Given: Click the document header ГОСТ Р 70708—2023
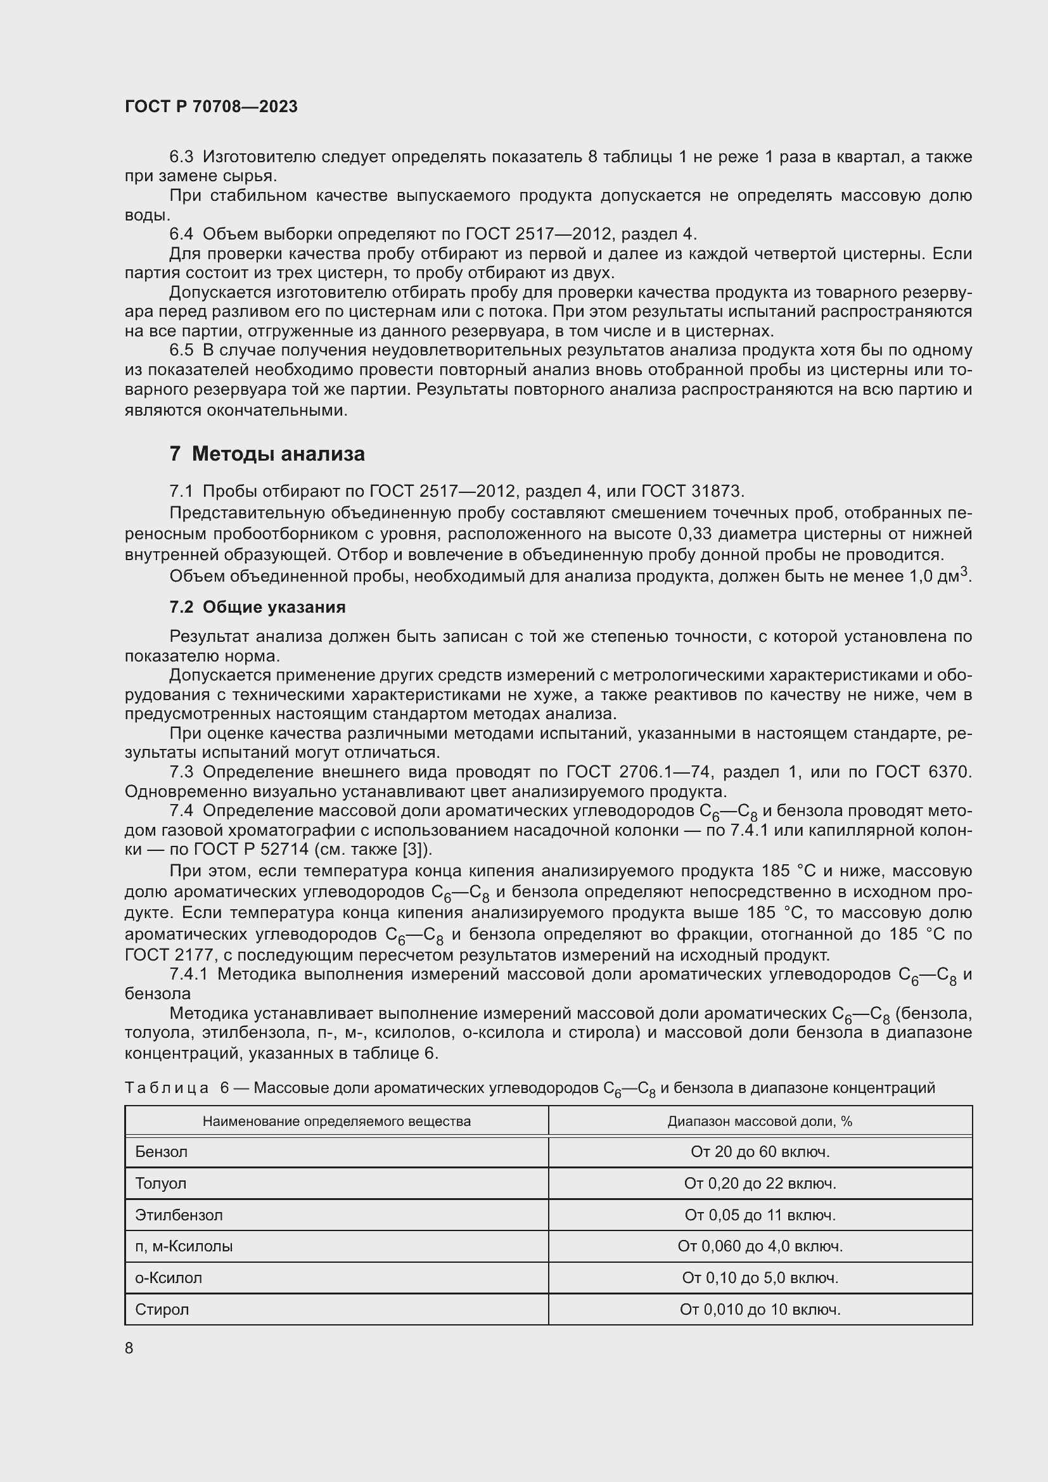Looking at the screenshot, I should tap(211, 107).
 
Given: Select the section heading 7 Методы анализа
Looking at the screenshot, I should tap(267, 454).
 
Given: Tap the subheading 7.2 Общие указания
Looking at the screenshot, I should tap(257, 607).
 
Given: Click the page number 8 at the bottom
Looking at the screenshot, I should tap(129, 1348).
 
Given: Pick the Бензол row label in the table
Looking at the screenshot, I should tap(162, 1151).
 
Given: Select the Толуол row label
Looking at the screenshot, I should tap(161, 1183).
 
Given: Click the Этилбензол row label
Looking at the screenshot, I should tap(179, 1215).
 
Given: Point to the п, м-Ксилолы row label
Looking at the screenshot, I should tap(184, 1246).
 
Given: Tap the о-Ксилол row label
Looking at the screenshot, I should tap(169, 1277).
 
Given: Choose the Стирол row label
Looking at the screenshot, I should tap(162, 1309).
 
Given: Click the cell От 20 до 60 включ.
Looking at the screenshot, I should tap(760, 1151).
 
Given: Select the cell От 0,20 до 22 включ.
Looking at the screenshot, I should tap(760, 1183).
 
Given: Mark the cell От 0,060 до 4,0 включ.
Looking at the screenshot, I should tap(760, 1246).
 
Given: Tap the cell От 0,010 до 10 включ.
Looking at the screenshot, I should tap(760, 1309).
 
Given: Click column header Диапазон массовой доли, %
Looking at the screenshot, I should tap(760, 1121).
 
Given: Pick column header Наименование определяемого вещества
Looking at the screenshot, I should tap(336, 1121).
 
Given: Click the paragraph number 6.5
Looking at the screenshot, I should tap(181, 350).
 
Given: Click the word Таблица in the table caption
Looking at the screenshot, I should tap(167, 1088).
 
